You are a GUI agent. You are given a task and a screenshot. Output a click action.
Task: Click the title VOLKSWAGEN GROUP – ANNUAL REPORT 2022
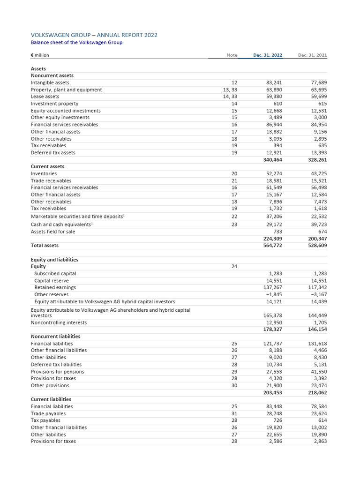(94, 35)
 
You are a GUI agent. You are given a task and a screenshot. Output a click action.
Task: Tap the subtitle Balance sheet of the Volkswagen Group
(76, 43)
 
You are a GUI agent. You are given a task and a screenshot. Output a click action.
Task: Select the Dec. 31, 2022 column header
(268, 55)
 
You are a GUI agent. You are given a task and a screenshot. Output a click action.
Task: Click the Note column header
(232, 55)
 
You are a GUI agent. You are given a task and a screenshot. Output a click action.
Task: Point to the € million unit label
(40, 55)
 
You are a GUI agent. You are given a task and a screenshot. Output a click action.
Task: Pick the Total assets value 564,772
(272, 245)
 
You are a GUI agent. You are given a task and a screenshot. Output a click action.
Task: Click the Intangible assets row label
(50, 82)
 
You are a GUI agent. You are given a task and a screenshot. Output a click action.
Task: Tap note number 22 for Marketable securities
(234, 217)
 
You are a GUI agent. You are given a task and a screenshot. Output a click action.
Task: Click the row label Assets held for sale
(52, 232)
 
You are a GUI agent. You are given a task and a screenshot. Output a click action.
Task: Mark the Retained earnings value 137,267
(271, 287)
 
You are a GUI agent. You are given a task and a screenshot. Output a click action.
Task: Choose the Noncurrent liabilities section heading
(55, 337)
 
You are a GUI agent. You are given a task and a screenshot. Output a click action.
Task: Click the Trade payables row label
(48, 413)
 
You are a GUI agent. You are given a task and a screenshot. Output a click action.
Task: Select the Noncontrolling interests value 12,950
(272, 322)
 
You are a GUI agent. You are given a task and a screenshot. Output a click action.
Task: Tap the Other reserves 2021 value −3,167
(319, 294)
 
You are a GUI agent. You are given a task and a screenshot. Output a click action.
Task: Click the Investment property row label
(54, 104)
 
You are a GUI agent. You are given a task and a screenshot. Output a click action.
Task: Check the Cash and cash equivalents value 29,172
(272, 225)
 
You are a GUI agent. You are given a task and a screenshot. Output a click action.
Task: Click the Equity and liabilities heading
(54, 260)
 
